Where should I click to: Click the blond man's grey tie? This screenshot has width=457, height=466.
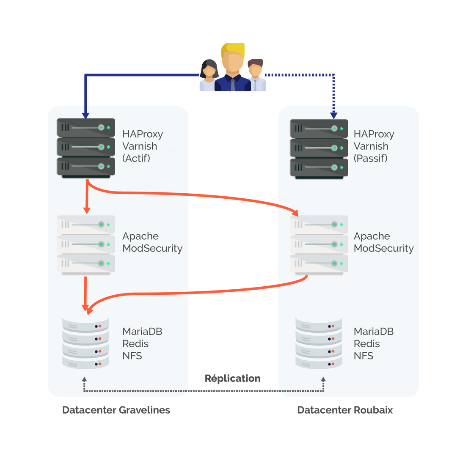pyautogui.click(x=233, y=85)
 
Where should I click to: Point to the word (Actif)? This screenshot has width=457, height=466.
pyautogui.click(x=136, y=159)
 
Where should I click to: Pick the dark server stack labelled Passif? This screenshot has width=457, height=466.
pyautogui.click(x=319, y=148)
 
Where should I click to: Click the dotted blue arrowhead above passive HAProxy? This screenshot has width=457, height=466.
pyautogui.click(x=333, y=115)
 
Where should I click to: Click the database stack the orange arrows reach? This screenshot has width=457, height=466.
pyautogui.click(x=85, y=343)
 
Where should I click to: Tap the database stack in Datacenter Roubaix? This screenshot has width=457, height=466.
pyautogui.click(x=319, y=343)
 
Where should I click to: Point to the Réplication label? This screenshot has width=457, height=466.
pyautogui.click(x=233, y=378)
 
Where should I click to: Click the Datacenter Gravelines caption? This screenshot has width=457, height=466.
pyautogui.click(x=116, y=410)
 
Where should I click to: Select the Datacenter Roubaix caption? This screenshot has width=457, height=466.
pyautogui.click(x=345, y=410)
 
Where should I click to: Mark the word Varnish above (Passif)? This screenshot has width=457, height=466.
pyautogui.click(x=371, y=146)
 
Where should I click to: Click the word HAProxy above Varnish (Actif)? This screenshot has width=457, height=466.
pyautogui.click(x=143, y=134)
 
